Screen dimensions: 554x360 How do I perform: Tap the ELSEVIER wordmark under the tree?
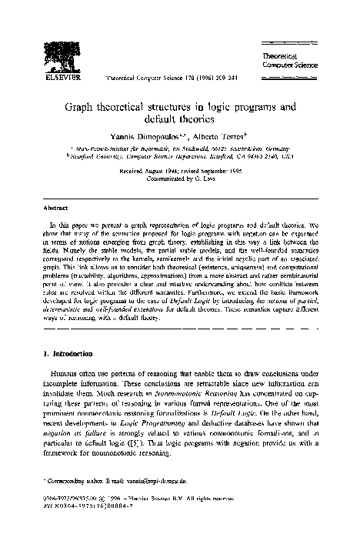54,78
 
